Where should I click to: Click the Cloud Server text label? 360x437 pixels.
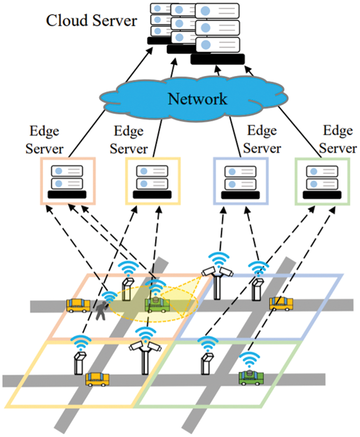click(x=91, y=21)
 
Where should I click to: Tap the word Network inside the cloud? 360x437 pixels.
click(x=197, y=99)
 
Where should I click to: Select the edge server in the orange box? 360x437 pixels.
click(x=67, y=180)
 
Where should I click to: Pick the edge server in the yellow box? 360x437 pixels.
click(x=153, y=180)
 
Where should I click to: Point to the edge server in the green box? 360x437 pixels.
click(x=322, y=180)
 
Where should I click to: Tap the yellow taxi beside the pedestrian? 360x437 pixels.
click(x=78, y=305)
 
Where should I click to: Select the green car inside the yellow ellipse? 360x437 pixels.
click(x=157, y=304)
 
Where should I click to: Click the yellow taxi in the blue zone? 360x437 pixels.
click(x=281, y=303)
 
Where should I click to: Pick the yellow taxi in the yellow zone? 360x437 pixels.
click(x=97, y=379)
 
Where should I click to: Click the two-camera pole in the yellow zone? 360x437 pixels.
click(x=144, y=355)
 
